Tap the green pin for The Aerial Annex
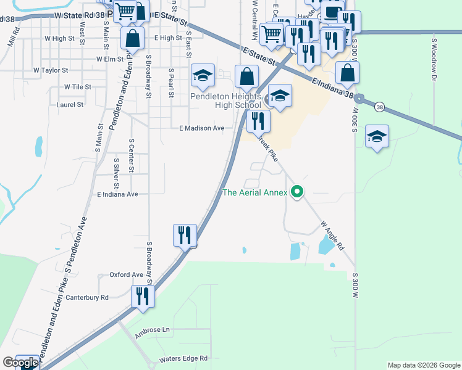click(x=297, y=192)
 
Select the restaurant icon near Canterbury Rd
click(x=143, y=297)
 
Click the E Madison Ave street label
click(x=201, y=128)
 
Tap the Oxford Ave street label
click(x=126, y=274)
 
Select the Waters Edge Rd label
click(x=183, y=358)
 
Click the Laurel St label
click(x=70, y=105)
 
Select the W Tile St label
click(x=78, y=87)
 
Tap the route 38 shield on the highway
click(x=377, y=106)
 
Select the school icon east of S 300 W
click(x=377, y=136)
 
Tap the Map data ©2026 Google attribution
click(x=424, y=365)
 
